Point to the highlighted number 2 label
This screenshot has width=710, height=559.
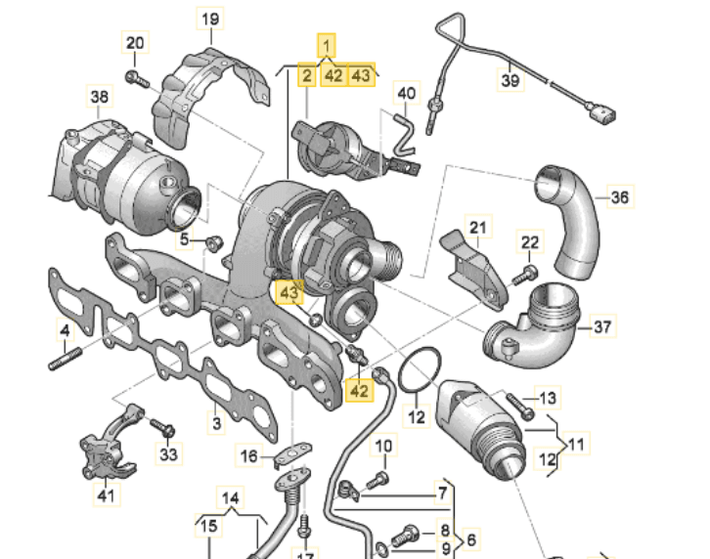307,75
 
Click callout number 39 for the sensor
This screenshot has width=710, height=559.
510,80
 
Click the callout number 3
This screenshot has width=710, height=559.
218,422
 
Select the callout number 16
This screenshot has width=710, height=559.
249,455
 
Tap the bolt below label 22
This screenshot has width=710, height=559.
529,271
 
